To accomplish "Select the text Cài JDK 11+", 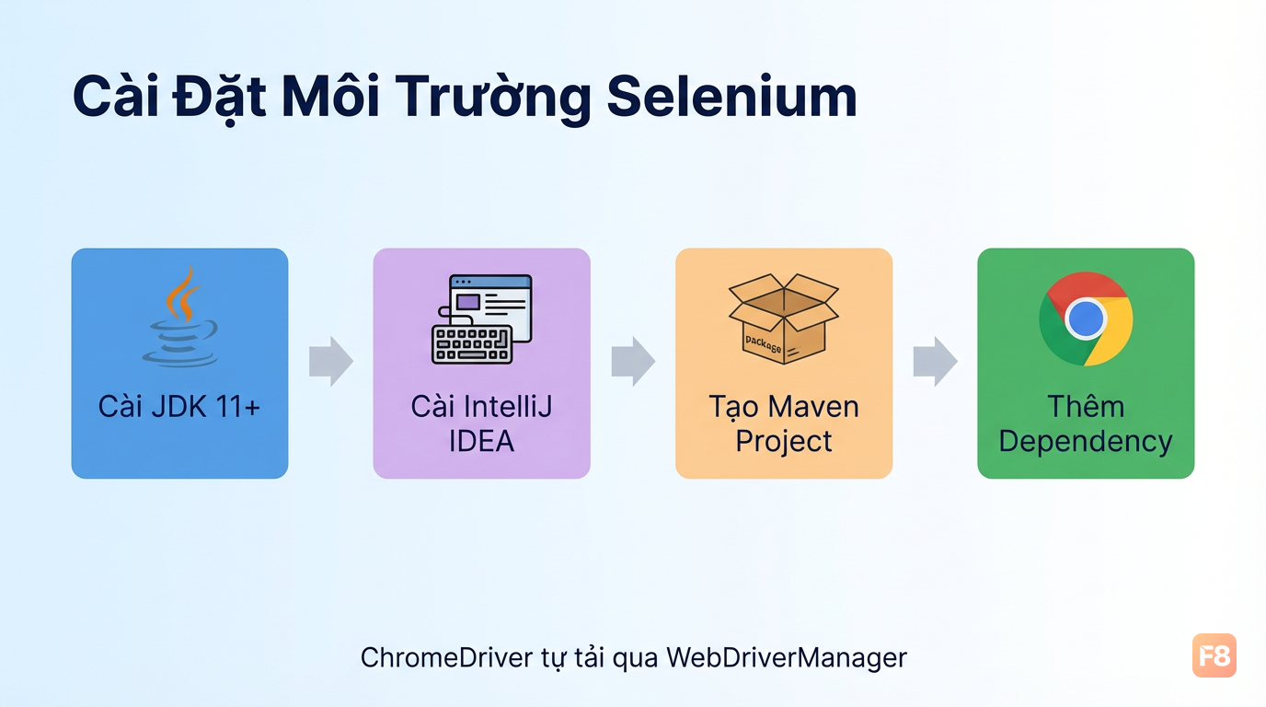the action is coord(179,406).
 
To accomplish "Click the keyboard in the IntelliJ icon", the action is coord(472,344).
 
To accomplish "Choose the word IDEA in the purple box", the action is coord(481,441).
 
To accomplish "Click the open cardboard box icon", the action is coord(784,319).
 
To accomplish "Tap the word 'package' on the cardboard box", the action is coord(763,342).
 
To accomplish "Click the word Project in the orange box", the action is coord(784,442).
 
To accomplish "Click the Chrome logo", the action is coord(1086,319).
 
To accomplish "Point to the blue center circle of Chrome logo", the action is coord(1086,319).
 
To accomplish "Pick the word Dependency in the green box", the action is coord(1086,442).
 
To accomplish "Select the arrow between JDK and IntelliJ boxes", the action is coord(331,362).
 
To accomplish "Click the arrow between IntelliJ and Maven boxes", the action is coord(634,362).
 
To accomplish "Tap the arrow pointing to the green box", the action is coord(936,362).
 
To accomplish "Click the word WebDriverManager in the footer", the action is coord(787,658).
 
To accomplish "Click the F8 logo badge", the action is coord(1214,655).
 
